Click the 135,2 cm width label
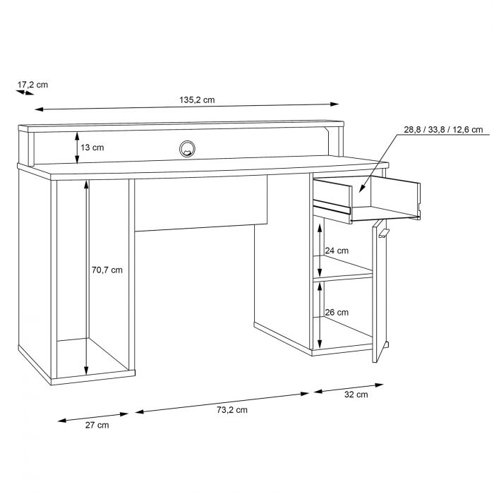click(x=196, y=100)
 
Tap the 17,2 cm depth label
click(x=32, y=85)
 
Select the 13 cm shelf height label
click(x=92, y=147)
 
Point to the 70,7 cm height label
click(x=107, y=270)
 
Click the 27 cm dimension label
click(x=97, y=425)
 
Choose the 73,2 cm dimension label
click(x=231, y=409)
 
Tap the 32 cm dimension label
click(x=356, y=394)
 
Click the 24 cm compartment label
click(x=337, y=251)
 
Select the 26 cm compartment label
click(x=337, y=313)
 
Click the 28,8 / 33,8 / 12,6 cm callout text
click(x=443, y=130)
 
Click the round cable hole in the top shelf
click(x=187, y=148)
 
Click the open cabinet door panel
click(x=380, y=289)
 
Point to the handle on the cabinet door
click(x=382, y=231)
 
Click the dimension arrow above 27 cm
click(x=93, y=416)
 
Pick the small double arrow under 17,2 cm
click(x=25, y=92)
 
